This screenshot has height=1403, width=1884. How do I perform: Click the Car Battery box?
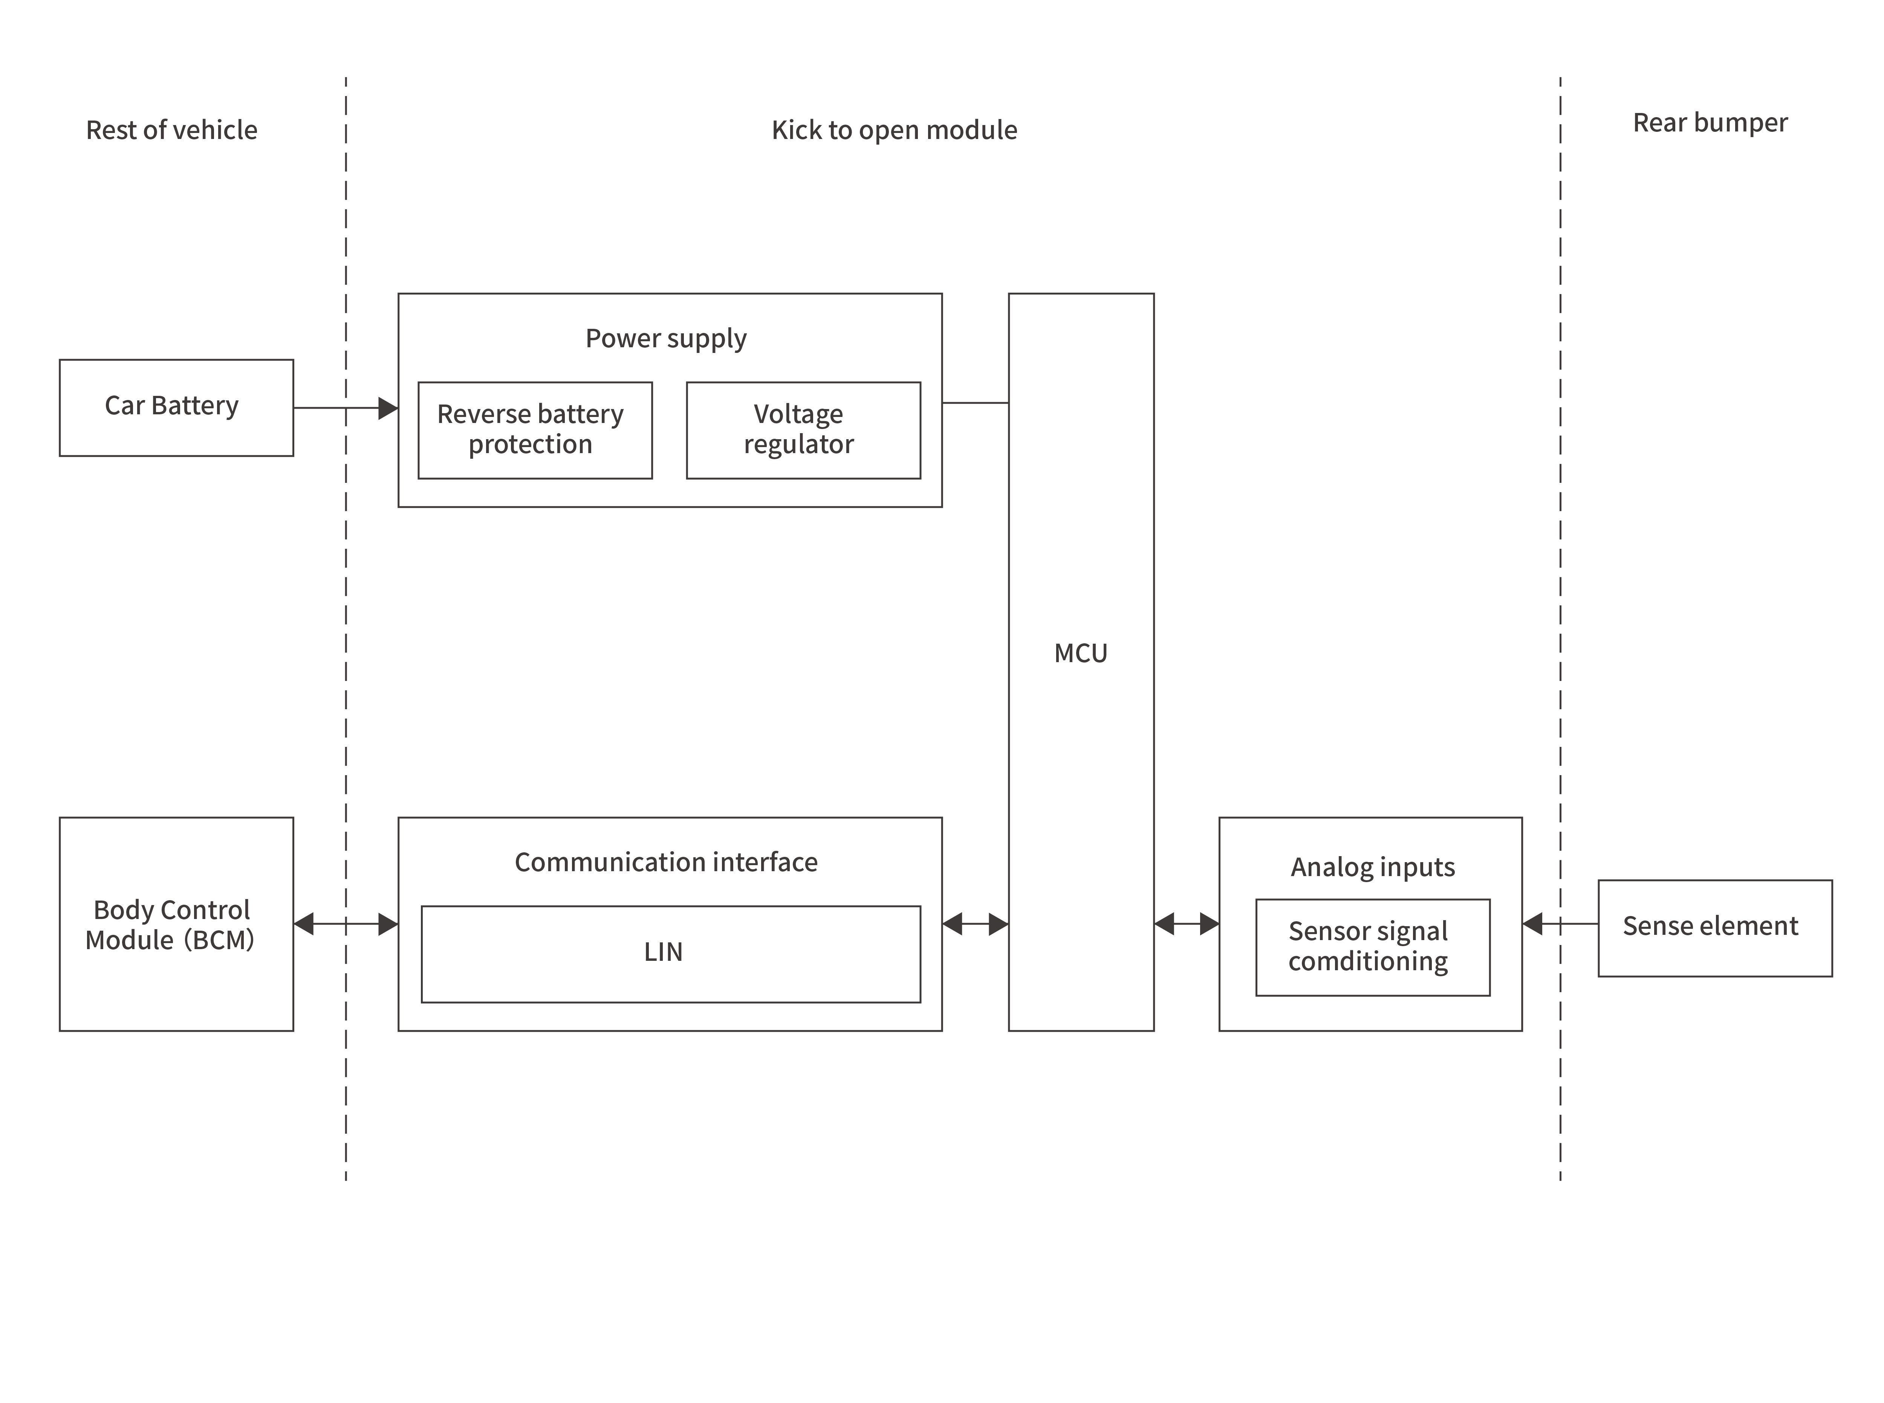coord(176,408)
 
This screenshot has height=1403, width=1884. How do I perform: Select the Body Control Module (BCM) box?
coord(176,924)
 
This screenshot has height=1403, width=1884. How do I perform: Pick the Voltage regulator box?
coord(803,430)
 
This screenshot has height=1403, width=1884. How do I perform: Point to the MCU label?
coord(1080,653)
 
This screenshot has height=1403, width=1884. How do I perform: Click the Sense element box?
coord(1714,927)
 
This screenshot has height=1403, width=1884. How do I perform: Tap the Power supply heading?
coord(666,338)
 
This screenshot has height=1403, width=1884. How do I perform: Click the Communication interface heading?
coord(666,862)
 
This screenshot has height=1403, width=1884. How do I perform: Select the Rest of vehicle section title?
coord(171,130)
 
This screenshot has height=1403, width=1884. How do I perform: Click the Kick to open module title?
coord(894,130)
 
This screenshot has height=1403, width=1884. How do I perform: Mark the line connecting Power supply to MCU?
coord(975,403)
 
